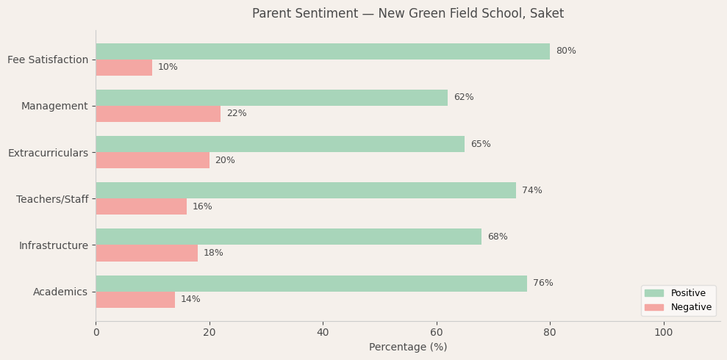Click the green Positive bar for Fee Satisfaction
(x=322, y=51)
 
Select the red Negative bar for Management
(x=158, y=114)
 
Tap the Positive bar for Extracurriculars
(x=280, y=144)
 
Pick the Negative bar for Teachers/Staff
(x=141, y=206)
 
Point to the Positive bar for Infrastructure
(x=288, y=237)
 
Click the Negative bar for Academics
(x=135, y=300)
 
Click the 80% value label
(x=566, y=51)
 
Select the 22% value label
(x=237, y=114)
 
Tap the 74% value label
(x=532, y=191)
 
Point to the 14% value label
(x=190, y=300)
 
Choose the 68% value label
(x=498, y=237)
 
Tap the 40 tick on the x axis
(x=323, y=333)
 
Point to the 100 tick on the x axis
(x=663, y=333)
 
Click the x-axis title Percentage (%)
(x=408, y=348)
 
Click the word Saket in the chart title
(x=547, y=14)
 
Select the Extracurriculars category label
(x=48, y=153)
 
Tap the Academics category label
(x=60, y=292)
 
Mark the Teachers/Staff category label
(x=52, y=199)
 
